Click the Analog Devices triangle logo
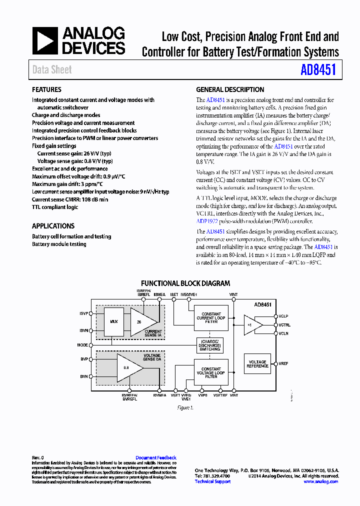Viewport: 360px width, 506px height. (x=45, y=41)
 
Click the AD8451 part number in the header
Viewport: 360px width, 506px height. (x=318, y=69)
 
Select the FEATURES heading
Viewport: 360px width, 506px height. (x=46, y=90)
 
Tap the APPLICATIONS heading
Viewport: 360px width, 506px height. (x=53, y=226)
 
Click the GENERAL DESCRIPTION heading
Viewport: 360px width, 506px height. (x=230, y=90)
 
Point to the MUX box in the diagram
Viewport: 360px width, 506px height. (x=114, y=320)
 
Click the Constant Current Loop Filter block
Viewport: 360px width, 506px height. (x=211, y=318)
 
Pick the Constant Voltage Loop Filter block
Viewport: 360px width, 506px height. (x=211, y=372)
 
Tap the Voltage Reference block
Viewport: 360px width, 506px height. (x=257, y=364)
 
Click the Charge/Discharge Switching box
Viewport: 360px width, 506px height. (x=209, y=345)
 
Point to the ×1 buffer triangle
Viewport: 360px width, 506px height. (x=251, y=324)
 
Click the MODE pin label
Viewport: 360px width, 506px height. (x=82, y=345)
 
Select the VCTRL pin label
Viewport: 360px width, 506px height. (x=284, y=325)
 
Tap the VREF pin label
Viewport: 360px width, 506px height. (x=283, y=363)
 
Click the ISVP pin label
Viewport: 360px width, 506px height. (x=83, y=313)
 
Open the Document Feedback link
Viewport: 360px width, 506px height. (x=156, y=457)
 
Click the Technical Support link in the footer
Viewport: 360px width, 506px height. (x=212, y=481)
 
